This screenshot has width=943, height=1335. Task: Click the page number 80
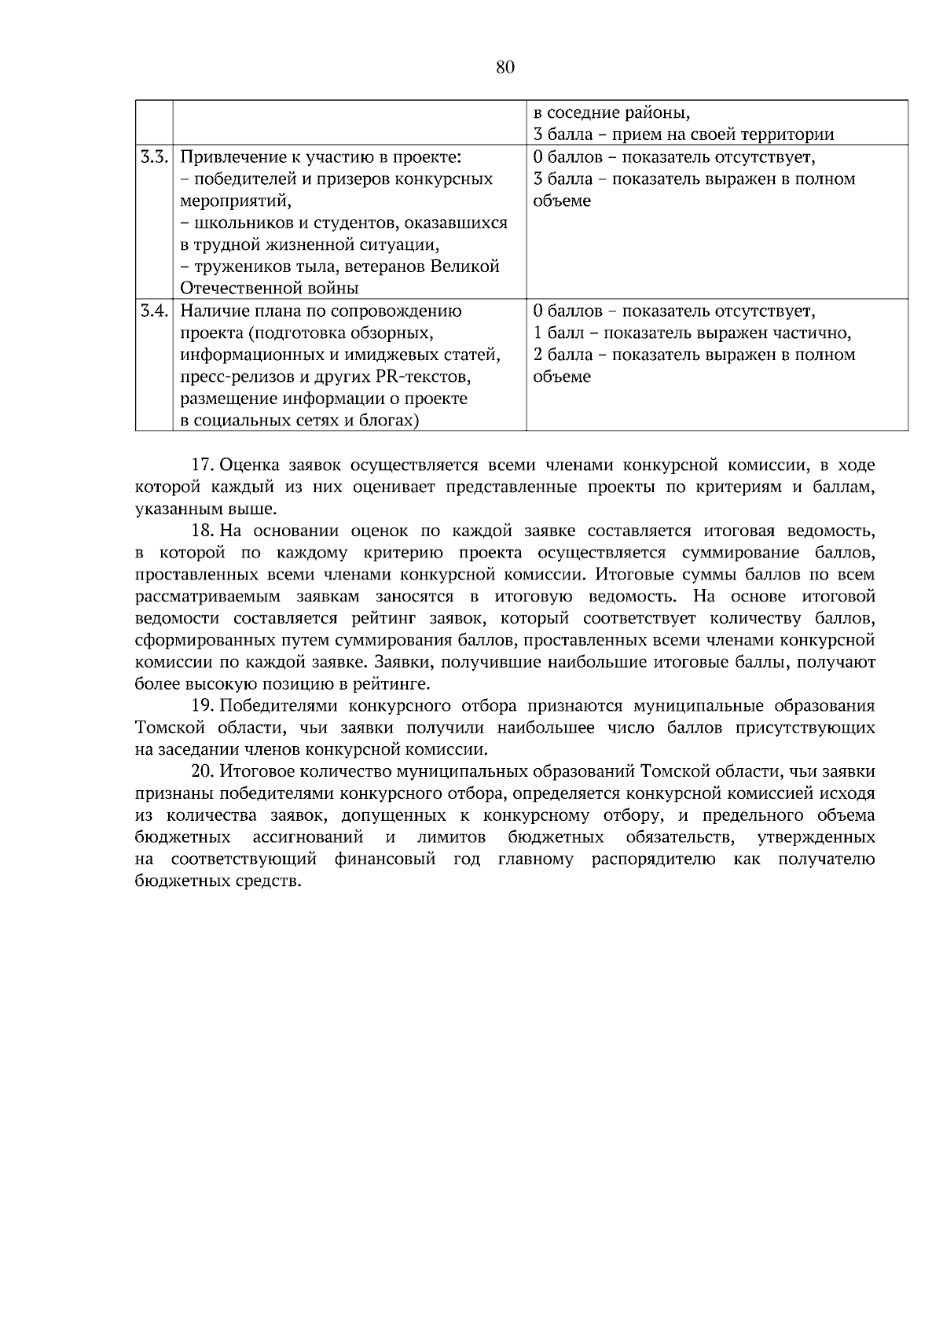tap(505, 68)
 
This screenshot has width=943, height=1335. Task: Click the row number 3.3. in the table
tap(154, 156)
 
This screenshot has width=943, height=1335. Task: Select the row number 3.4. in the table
tap(154, 311)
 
